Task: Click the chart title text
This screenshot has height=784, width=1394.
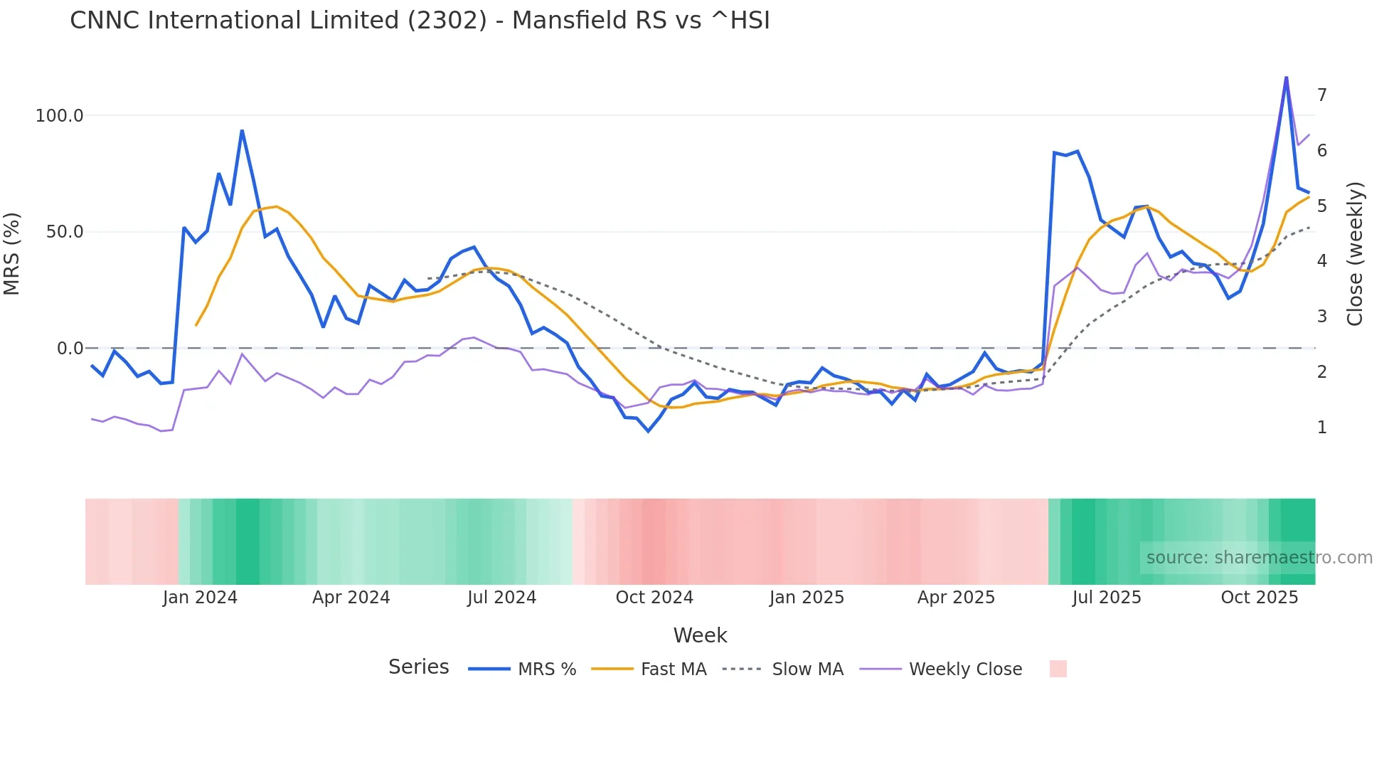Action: (420, 21)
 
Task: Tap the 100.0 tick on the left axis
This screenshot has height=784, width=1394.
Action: (60, 116)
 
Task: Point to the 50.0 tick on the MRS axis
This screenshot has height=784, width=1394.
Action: (65, 232)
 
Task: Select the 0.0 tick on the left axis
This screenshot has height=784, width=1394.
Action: (70, 349)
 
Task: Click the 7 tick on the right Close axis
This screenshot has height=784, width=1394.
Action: (1321, 95)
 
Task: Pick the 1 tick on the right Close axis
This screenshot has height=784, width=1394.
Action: (1321, 428)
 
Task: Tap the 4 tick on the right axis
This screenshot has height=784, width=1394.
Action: (1321, 261)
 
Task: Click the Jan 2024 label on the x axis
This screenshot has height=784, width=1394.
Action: (200, 598)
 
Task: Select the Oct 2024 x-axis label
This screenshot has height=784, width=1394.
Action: (654, 598)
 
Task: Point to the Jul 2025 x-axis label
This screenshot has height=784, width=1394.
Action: (1107, 598)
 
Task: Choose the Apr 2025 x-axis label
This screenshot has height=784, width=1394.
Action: (956, 598)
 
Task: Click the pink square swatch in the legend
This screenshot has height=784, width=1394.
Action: (1058, 669)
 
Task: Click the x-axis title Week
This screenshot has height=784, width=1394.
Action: (700, 635)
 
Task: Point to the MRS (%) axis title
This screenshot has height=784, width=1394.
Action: (12, 253)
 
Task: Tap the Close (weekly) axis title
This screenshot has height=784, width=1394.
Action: (1356, 253)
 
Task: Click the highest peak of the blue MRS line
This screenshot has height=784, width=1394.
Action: (1286, 78)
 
